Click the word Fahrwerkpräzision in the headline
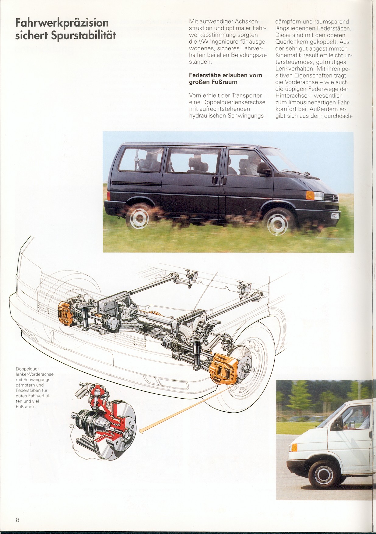tap(62, 23)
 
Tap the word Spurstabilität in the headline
tap(84, 36)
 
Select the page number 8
tap(18, 520)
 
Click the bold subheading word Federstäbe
tap(205, 75)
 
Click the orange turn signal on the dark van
tap(310, 195)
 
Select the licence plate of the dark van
tap(336, 216)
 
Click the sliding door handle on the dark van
tap(215, 180)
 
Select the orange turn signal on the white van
tap(294, 447)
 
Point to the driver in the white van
tap(364, 418)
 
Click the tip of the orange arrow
tap(140, 431)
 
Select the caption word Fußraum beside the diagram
tap(25, 407)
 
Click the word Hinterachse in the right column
tap(291, 96)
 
